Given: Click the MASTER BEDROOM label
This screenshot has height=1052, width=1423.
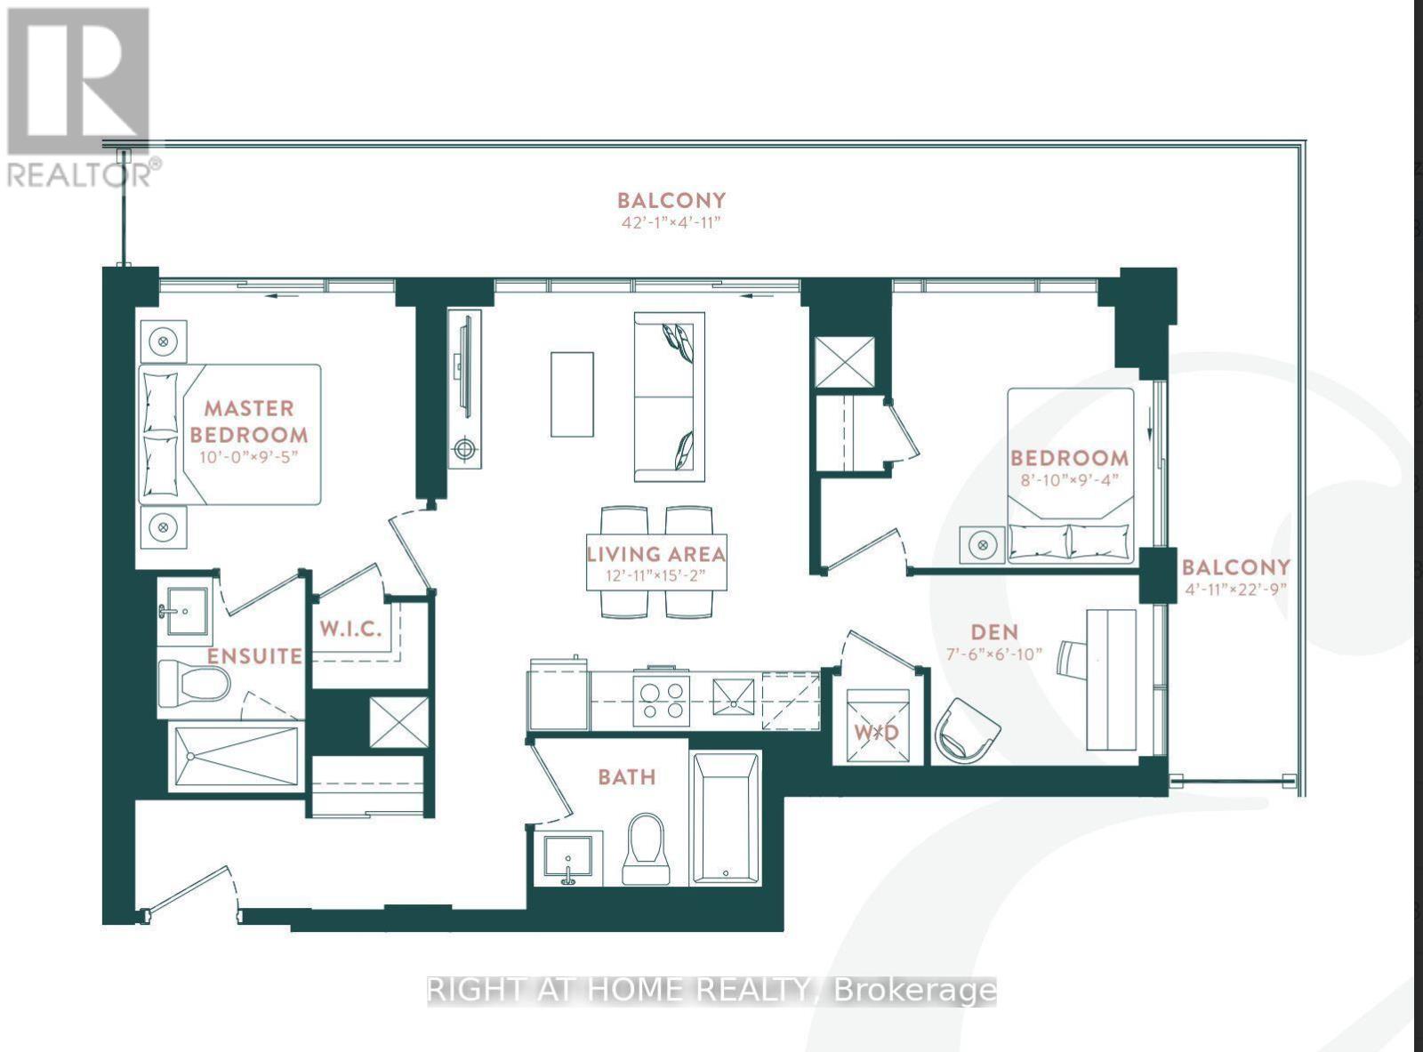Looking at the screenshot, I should pyautogui.click(x=249, y=422).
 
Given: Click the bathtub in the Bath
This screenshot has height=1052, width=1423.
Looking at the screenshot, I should pyautogui.click(x=726, y=818).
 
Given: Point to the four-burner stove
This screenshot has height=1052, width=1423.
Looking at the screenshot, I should pyautogui.click(x=661, y=697).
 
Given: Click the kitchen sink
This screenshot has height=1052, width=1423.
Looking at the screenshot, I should pyautogui.click(x=734, y=697).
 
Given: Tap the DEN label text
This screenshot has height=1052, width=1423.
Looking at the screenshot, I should pyautogui.click(x=994, y=632).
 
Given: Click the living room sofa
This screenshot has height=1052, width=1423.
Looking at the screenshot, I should pyautogui.click(x=669, y=397).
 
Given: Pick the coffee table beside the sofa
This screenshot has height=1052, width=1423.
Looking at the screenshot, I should pyautogui.click(x=572, y=394).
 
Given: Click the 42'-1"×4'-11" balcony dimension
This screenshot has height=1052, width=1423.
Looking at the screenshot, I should pyautogui.click(x=671, y=222).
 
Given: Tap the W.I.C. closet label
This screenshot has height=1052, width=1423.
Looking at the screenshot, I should pyautogui.click(x=350, y=629).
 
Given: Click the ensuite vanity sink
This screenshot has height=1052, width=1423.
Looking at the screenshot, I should pyautogui.click(x=185, y=611).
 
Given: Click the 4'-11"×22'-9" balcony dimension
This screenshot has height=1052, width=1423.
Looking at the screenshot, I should pyautogui.click(x=1235, y=589).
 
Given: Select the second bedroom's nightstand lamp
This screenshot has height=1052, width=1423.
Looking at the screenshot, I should pyautogui.click(x=982, y=543).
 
